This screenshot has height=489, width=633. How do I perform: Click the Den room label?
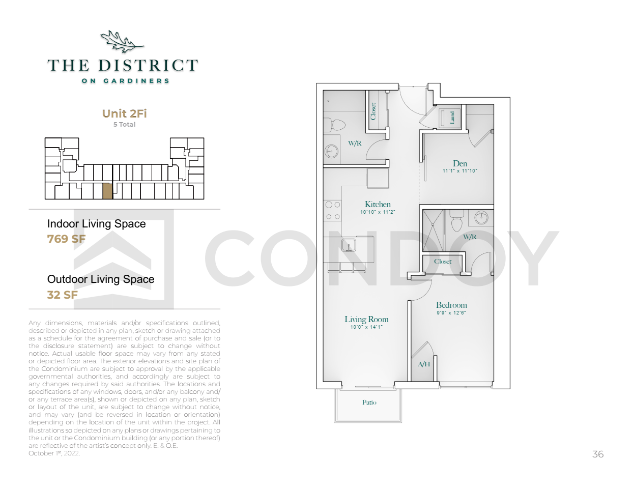pos(459,163)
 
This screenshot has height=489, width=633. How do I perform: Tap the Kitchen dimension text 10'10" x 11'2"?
pos(378,212)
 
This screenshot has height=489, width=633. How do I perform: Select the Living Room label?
pos(366,319)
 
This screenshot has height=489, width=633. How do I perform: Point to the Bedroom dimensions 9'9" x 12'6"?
pos(451,313)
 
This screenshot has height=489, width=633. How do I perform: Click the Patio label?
pos(369,402)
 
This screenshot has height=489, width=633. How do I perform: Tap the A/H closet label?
pos(424,364)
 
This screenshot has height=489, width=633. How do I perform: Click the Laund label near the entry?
pos(452,118)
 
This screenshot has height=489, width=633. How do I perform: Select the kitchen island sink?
pos(349,245)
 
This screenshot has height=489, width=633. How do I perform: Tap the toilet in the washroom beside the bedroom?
pos(457,221)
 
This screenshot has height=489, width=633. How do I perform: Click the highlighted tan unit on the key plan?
pos(107,191)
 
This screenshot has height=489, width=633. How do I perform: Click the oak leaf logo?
pos(122,42)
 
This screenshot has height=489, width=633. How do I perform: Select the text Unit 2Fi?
pos(124,113)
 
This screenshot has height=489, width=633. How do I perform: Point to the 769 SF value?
pos(67,239)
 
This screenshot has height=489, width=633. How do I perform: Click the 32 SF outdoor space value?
pos(63,295)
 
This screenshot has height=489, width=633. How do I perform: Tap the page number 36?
pos(598,454)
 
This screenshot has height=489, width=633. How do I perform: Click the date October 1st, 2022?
pos(54,453)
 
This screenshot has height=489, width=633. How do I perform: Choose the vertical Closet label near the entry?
pos(373,111)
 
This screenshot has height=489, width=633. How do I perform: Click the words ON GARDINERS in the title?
pos(125,81)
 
